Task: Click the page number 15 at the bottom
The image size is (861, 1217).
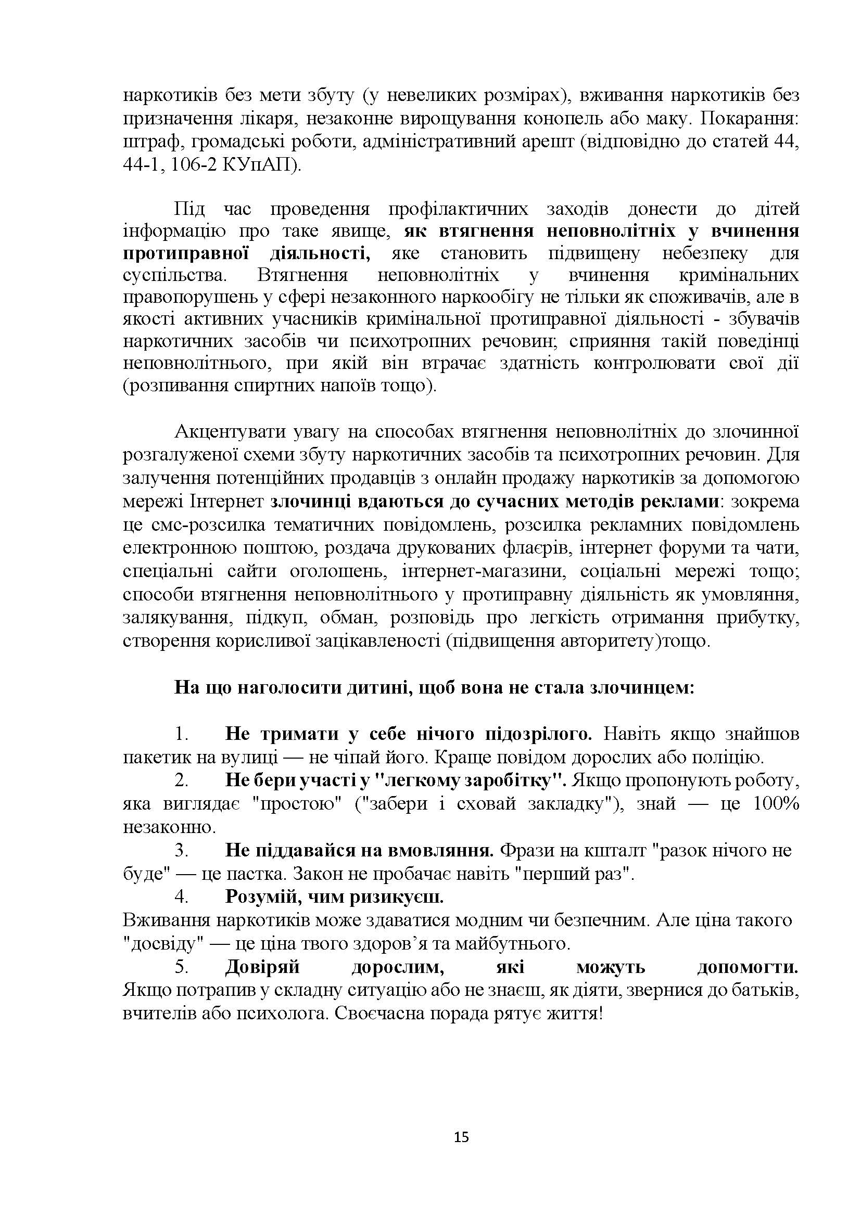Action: (461, 1137)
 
